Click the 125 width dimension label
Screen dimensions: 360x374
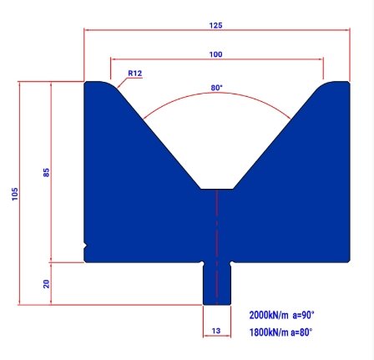click(216, 25)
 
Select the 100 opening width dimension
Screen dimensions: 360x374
click(216, 54)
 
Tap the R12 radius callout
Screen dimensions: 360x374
click(135, 74)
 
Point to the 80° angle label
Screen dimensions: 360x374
click(217, 88)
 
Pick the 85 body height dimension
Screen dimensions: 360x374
click(47, 172)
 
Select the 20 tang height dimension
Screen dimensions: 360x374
click(47, 283)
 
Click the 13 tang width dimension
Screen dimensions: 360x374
click(216, 331)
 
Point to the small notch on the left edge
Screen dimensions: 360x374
click(87, 245)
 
